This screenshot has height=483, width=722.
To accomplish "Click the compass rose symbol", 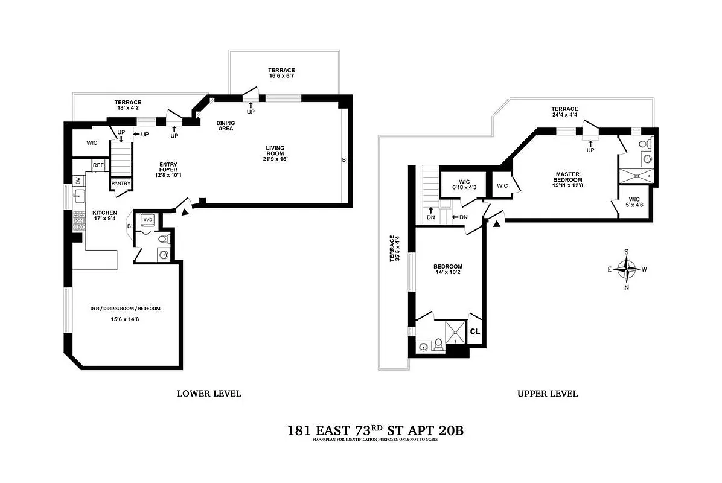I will point(628,269).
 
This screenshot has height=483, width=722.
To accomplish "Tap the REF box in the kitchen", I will point(98,165).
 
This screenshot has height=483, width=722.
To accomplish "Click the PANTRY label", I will point(120,184).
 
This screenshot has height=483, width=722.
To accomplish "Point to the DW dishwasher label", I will point(78,180).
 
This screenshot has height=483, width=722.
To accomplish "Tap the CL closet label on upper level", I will point(475,331).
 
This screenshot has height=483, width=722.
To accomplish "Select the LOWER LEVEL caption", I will point(209,394).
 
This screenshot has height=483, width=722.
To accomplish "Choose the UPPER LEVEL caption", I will point(547,394).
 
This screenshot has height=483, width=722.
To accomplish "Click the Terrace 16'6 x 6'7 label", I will point(281,74).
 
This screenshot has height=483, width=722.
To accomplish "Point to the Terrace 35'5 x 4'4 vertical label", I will point(394,248).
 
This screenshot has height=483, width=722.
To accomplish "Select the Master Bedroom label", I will point(568,179).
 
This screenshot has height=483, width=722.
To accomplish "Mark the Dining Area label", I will point(226,126).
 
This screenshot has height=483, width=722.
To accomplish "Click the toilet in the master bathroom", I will point(644,145).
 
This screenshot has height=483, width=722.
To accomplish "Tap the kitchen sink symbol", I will point(78,195).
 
